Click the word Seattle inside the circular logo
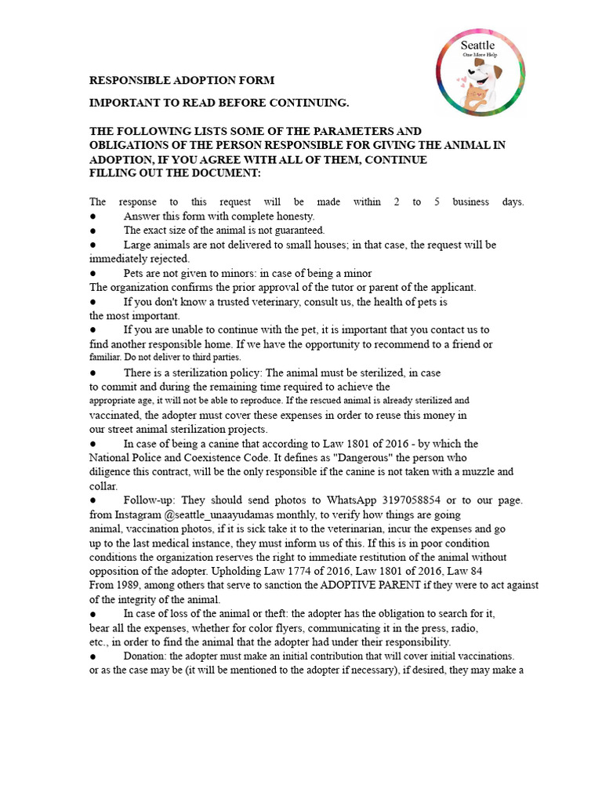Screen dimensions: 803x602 pos(477,45)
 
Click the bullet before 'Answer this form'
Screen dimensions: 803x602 pos(92,216)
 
